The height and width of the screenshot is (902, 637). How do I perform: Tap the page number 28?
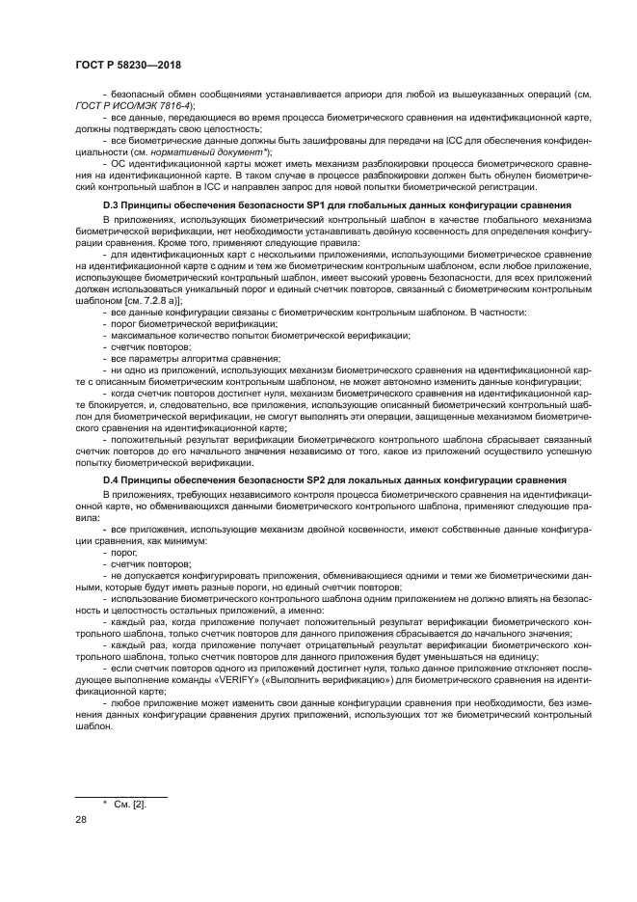81,818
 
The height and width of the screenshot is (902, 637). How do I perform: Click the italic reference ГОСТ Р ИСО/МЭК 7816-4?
134,104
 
